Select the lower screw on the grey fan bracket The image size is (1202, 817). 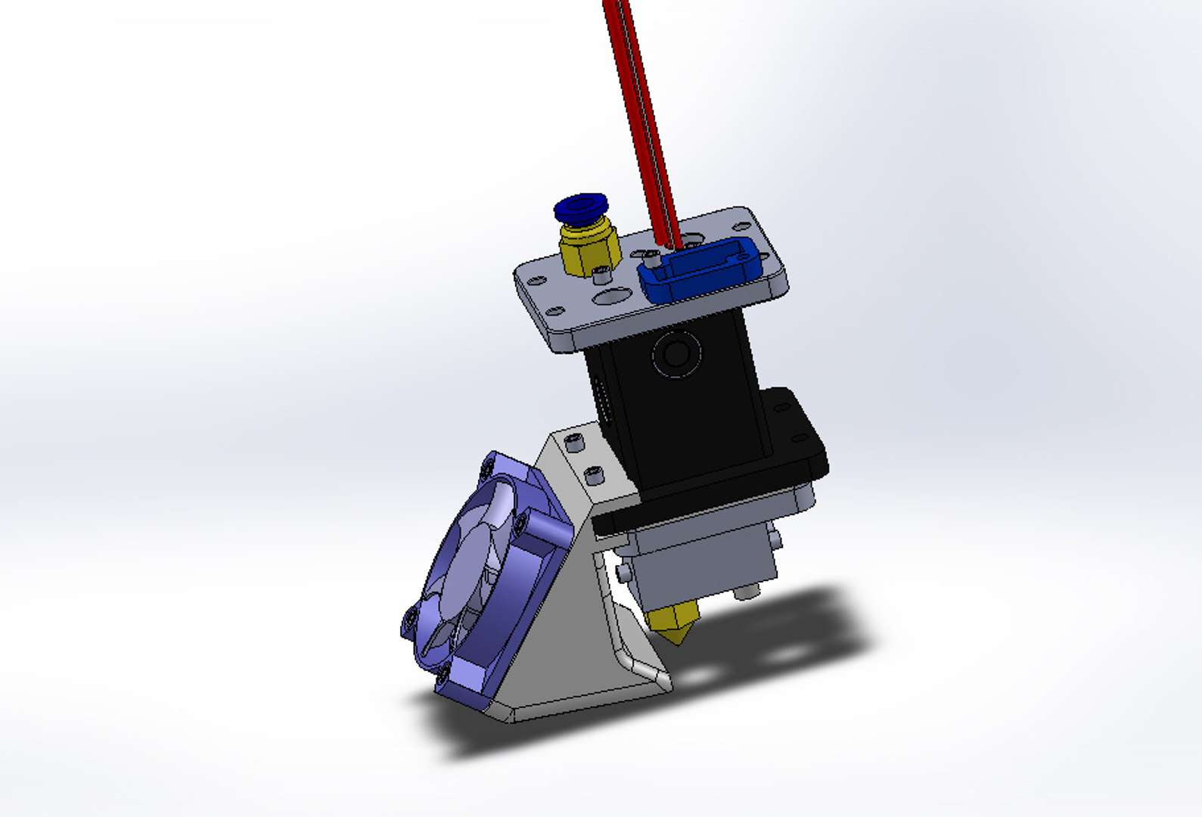(595, 476)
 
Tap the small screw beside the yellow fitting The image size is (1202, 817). (603, 274)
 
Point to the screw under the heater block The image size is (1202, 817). (746, 592)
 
